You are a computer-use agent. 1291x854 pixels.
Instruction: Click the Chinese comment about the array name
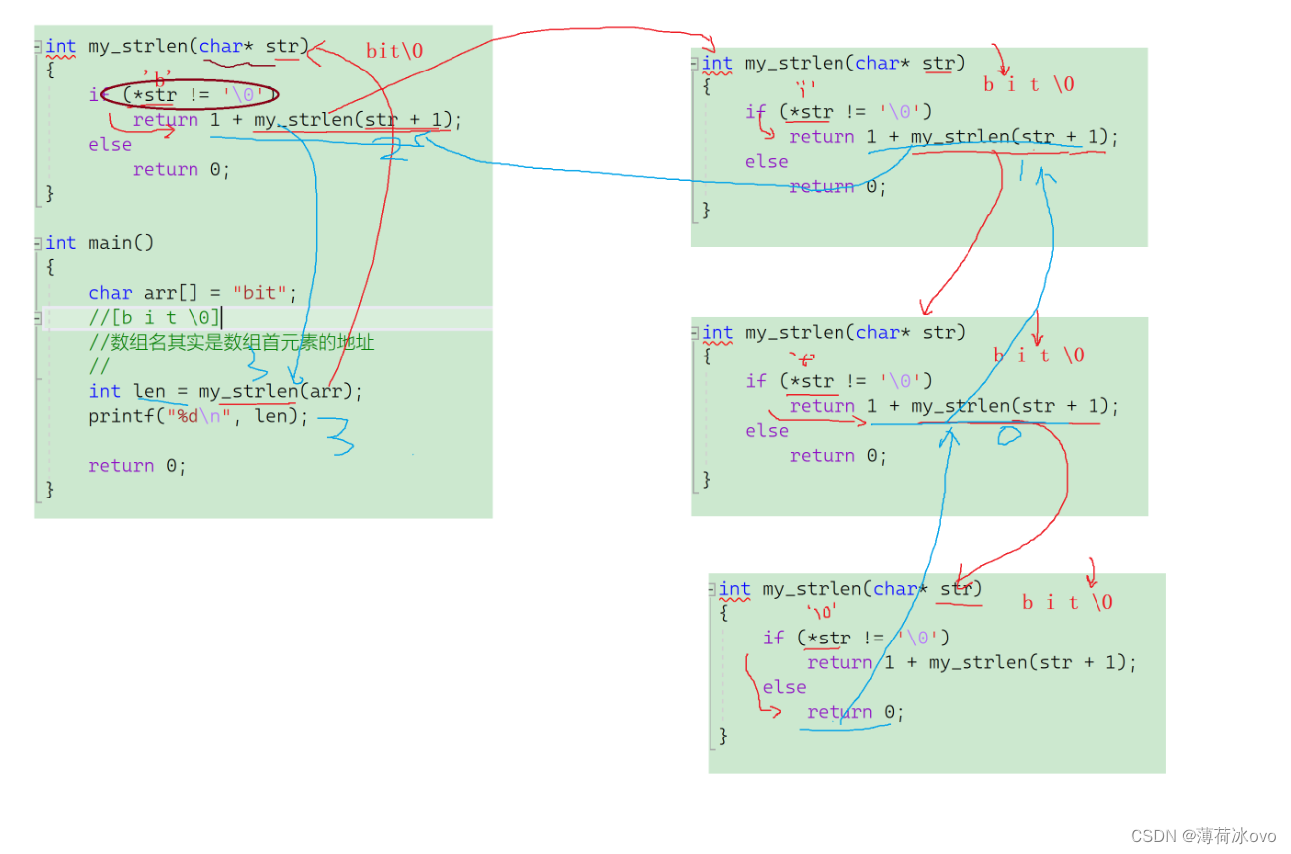coord(231,343)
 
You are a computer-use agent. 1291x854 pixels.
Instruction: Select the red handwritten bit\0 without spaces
coord(394,51)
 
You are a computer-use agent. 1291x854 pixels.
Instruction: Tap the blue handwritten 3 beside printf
coord(339,434)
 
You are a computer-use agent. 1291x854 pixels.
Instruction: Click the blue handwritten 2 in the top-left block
coord(390,148)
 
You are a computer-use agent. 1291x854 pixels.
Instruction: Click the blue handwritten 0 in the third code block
coord(1009,435)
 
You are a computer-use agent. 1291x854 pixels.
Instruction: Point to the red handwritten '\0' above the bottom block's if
coord(821,612)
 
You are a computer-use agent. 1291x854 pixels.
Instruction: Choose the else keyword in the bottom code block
coord(784,687)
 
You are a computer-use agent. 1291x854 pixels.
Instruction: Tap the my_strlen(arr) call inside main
coord(280,391)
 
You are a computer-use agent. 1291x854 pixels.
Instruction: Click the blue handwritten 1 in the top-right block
coord(1023,171)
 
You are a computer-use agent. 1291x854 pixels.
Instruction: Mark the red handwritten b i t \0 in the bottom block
coord(1067,602)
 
